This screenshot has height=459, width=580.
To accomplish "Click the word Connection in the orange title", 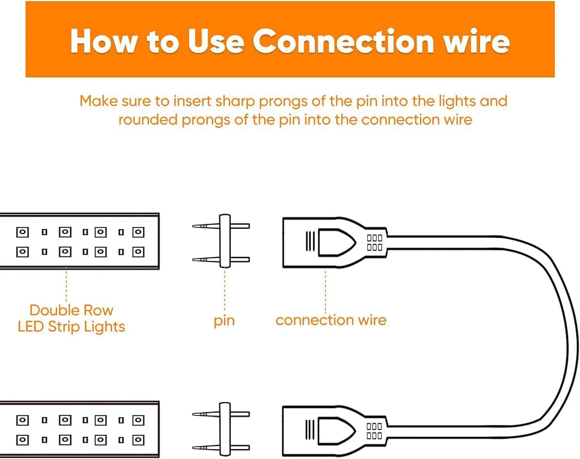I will [343, 42].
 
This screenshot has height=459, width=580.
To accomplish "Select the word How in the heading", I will [103, 42].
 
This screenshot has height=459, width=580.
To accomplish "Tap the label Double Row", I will [71, 310].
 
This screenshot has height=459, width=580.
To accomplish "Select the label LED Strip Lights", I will [71, 327].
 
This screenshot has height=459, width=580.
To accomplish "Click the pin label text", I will [224, 321].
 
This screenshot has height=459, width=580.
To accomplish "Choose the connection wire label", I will [331, 320].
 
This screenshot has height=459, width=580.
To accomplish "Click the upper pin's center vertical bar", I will [225, 241].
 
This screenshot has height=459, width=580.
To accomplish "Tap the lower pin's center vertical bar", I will [225, 429].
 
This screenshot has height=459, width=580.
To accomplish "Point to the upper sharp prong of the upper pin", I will [206, 226].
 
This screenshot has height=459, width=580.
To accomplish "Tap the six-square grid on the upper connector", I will [374, 243].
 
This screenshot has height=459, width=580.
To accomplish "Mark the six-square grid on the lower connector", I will [374, 431].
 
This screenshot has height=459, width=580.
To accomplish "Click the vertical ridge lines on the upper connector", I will [310, 241].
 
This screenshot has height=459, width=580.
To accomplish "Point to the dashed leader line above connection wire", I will [326, 291].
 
